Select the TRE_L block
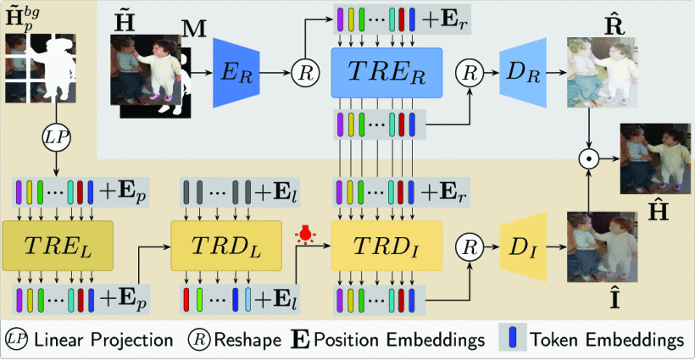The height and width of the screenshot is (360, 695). [58, 245]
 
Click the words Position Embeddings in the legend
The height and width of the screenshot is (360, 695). [400, 340]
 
